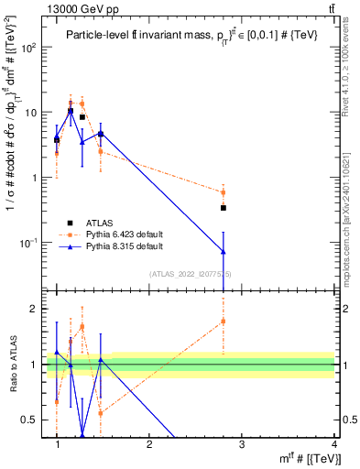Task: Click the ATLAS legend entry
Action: click(x=100, y=223)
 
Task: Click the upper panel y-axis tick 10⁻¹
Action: click(x=30, y=243)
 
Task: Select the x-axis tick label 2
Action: click(x=150, y=444)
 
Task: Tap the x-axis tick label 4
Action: click(x=333, y=444)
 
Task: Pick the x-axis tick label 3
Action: click(x=242, y=444)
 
